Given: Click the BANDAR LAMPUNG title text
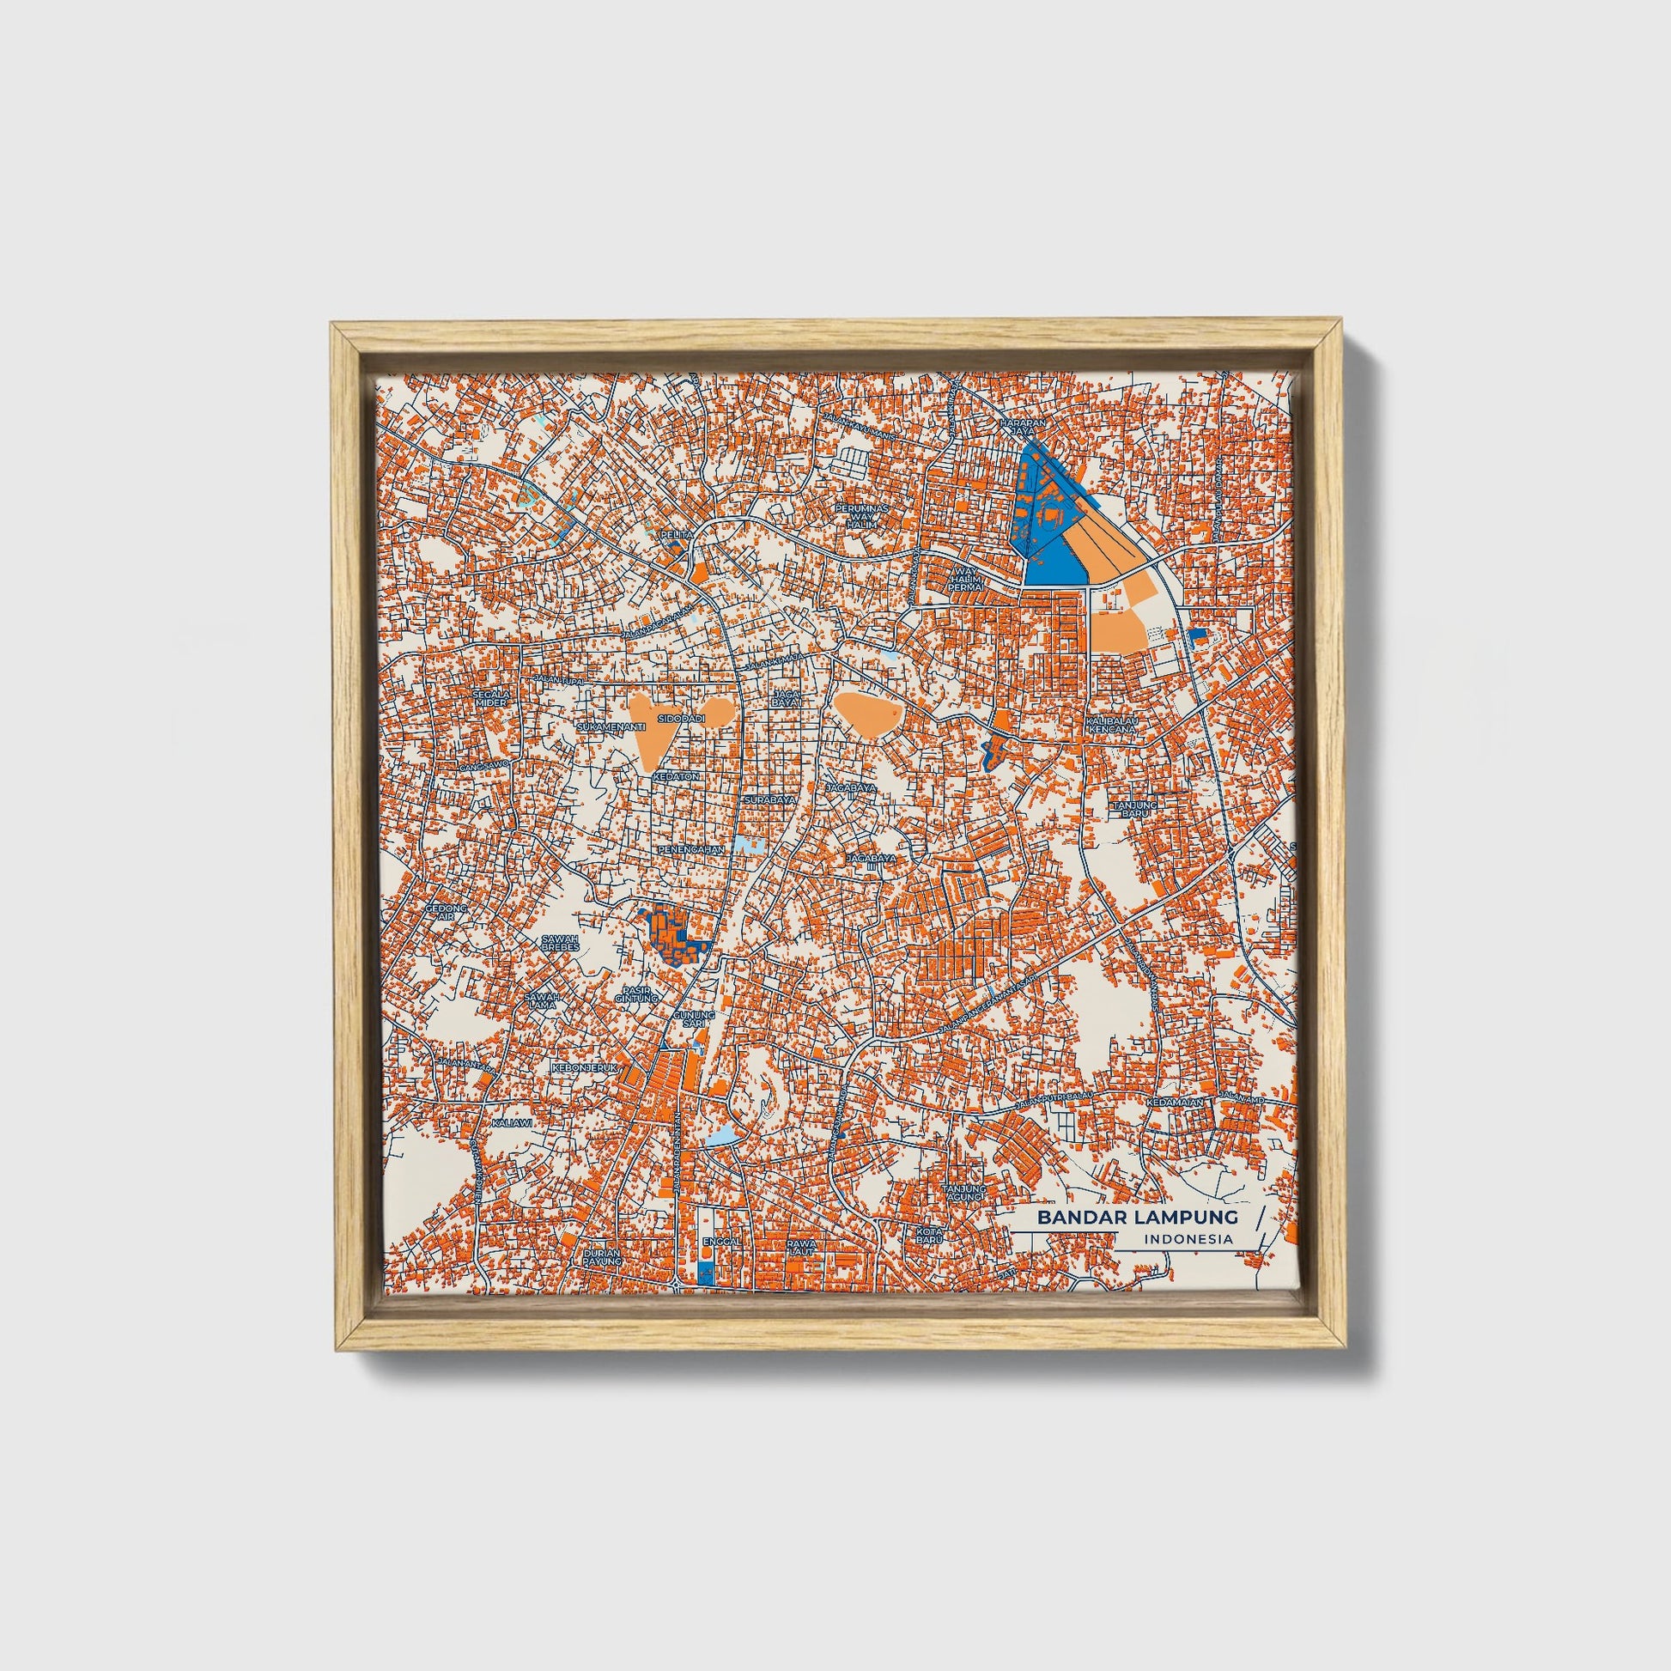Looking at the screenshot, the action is tap(1138, 1217).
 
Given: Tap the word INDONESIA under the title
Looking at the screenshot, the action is tap(1188, 1239).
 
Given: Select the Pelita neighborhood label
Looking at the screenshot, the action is tap(677, 535).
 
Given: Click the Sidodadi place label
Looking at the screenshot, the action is tap(676, 719).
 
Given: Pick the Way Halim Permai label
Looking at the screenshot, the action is tap(965, 579).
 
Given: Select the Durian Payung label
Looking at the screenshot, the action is tap(602, 1257).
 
